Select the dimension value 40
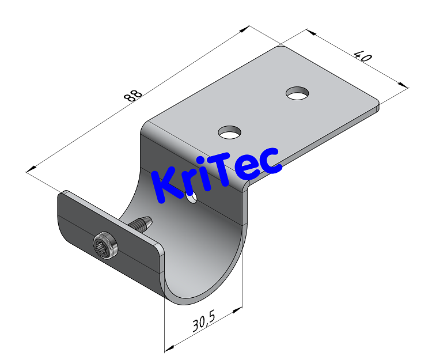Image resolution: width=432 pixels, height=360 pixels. [362, 56]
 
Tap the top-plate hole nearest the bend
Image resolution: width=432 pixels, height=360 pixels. [229, 132]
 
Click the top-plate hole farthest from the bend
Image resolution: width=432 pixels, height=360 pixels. [297, 93]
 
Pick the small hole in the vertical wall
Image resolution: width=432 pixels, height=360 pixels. [192, 198]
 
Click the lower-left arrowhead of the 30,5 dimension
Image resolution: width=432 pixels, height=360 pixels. [168, 348]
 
